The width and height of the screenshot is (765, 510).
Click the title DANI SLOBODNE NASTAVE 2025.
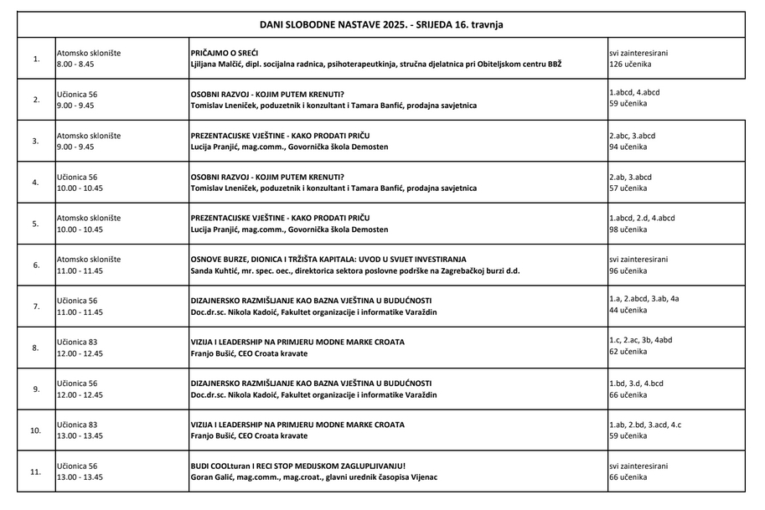[380, 25]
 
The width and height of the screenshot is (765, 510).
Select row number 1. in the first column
[36, 59]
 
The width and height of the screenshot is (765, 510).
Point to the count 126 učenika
[630, 64]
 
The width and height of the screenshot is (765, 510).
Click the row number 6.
[36, 265]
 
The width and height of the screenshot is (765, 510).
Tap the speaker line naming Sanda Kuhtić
[355, 270]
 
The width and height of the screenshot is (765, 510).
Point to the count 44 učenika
[628, 310]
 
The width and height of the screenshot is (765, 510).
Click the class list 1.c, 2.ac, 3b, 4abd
[640, 342]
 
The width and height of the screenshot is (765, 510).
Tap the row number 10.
[36, 430]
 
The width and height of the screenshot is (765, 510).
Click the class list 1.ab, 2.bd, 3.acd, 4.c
[645, 425]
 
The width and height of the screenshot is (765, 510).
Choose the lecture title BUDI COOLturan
[298, 466]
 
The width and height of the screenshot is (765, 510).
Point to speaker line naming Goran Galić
[314, 477]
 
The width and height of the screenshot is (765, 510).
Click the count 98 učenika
[628, 229]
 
